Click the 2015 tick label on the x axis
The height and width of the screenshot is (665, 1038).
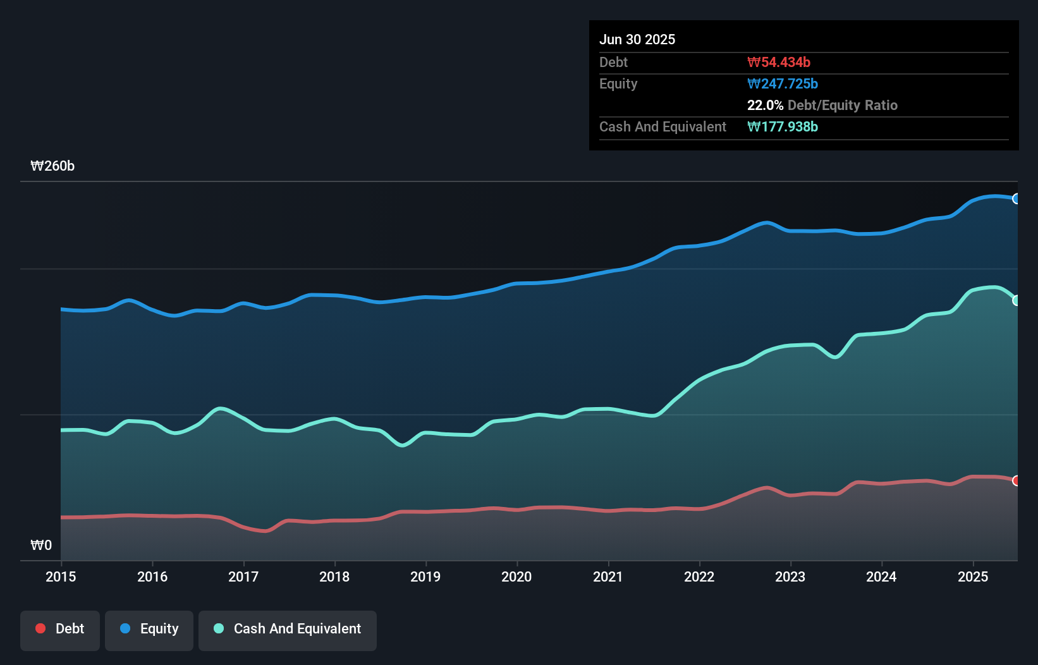tap(61, 577)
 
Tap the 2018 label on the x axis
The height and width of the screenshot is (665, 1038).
tap(334, 577)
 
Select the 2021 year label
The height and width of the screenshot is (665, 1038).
tap(608, 577)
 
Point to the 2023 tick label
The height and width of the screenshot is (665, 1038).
tap(790, 577)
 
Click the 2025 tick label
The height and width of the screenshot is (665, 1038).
tap(972, 577)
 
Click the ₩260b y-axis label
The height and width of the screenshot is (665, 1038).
tap(52, 166)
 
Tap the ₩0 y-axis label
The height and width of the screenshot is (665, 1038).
tap(41, 545)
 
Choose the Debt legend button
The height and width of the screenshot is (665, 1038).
tap(60, 629)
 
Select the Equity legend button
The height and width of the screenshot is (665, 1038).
tap(149, 629)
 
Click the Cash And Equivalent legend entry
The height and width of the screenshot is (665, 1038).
tap(288, 629)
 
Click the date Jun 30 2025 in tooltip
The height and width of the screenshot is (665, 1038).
tap(637, 40)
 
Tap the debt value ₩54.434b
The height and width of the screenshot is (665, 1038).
tap(779, 63)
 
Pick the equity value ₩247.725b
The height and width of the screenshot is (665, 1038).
tap(783, 84)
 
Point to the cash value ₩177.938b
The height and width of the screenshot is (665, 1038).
tap(783, 127)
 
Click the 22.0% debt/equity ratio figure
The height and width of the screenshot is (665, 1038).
tap(765, 106)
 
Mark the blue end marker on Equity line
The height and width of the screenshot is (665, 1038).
tap(1017, 198)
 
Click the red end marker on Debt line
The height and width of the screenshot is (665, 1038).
tap(1017, 480)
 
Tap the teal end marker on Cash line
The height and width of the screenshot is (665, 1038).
tap(1017, 300)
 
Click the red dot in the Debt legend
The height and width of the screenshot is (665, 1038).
tap(40, 628)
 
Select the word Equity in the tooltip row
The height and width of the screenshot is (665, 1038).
tap(618, 84)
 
